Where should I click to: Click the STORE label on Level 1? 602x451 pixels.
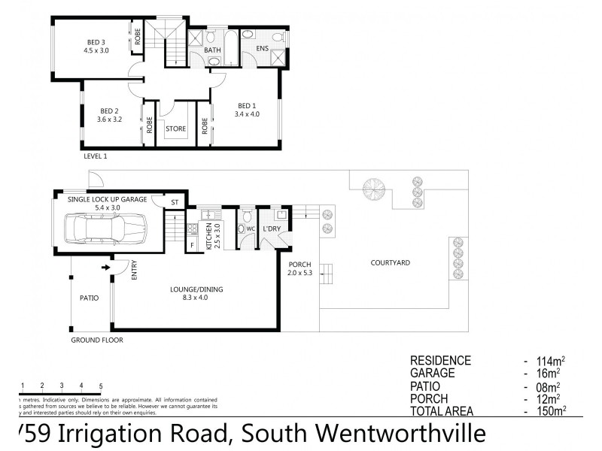(176, 129)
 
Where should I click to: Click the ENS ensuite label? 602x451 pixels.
(262, 49)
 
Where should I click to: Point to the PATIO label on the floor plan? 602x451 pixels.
(90, 298)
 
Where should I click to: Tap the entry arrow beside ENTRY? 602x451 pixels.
(105, 265)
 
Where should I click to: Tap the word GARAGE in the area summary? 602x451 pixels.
(431, 373)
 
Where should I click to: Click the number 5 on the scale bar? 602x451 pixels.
(101, 386)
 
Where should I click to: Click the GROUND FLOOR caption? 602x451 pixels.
(97, 340)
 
